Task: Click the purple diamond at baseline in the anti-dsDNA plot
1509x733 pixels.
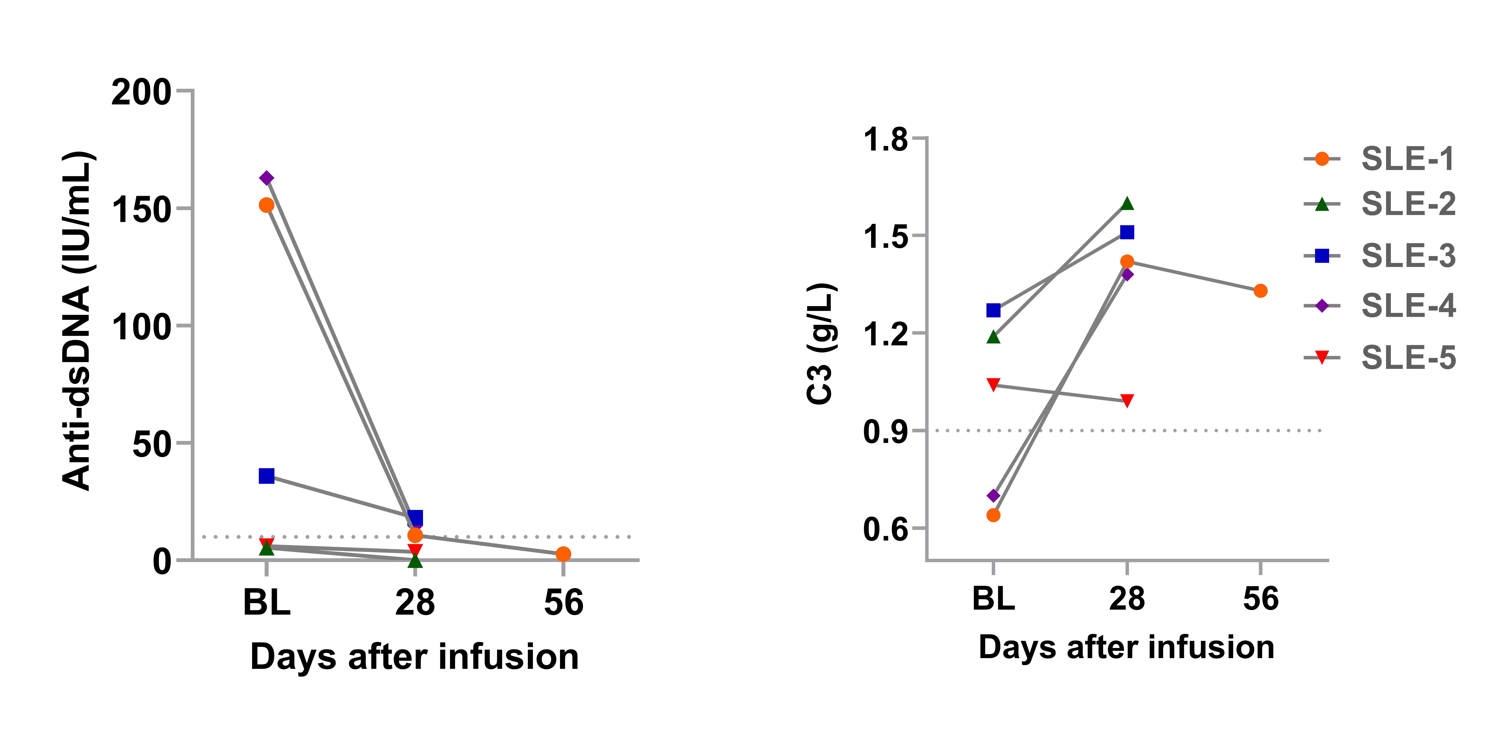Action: (x=266, y=178)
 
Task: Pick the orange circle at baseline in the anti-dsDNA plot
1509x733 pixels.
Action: (x=266, y=205)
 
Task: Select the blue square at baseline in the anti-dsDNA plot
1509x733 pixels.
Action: (x=266, y=476)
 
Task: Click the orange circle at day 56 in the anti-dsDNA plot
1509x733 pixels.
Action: (x=563, y=554)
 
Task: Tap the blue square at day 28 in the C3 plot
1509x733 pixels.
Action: (x=1127, y=232)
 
